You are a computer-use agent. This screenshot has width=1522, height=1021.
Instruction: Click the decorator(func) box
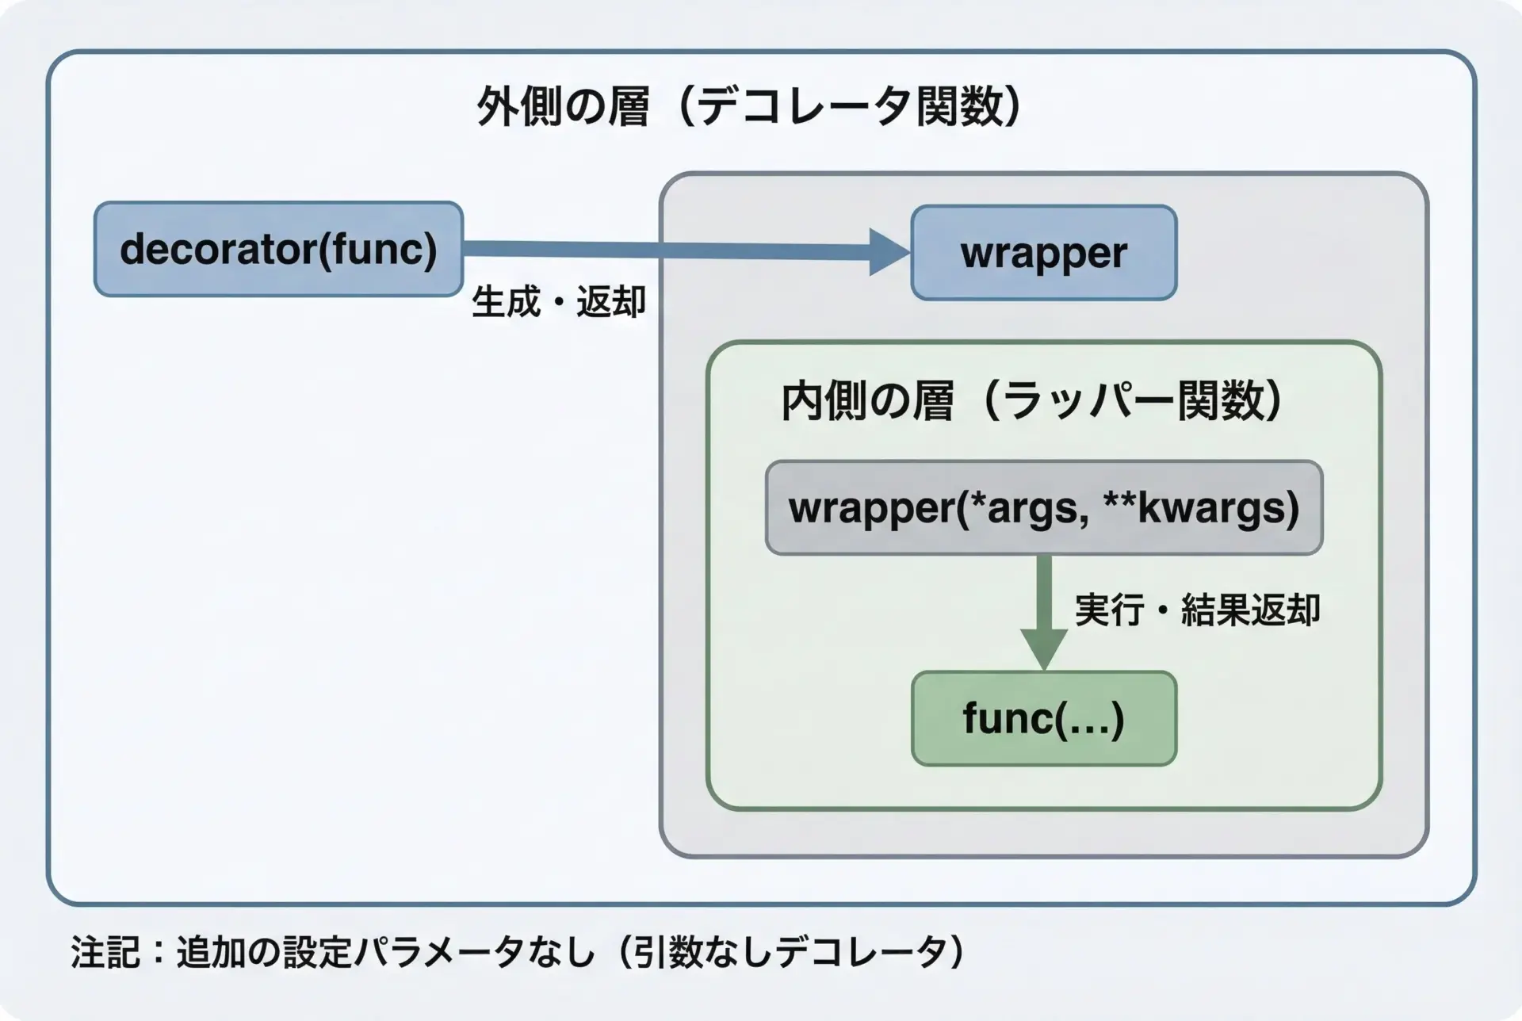[278, 249]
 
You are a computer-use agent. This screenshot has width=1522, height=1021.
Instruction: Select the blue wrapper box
[1043, 253]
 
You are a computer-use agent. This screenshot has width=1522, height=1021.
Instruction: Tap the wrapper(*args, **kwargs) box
[1043, 507]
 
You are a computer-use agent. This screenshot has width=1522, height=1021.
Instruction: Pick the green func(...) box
[1043, 718]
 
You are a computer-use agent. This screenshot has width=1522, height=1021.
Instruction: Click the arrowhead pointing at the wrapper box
[889, 252]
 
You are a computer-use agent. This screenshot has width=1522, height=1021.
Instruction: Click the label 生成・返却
[559, 302]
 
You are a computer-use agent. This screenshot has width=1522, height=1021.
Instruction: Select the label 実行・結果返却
[1197, 610]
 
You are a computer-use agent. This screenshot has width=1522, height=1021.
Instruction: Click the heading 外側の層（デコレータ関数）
[748, 107]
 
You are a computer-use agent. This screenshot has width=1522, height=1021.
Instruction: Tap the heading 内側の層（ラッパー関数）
[1031, 401]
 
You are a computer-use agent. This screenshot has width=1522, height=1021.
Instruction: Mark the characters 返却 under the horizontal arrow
[610, 302]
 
